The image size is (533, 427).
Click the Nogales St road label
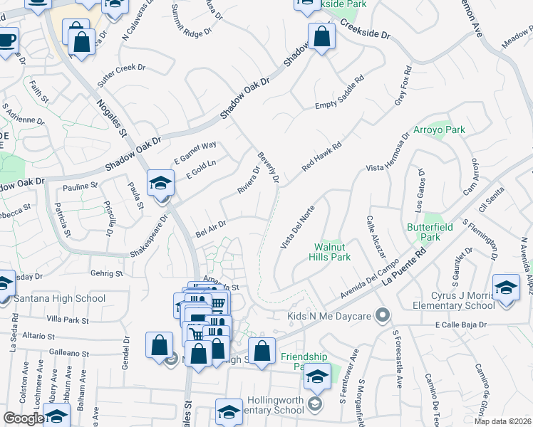110,118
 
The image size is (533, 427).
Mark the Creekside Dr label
366,29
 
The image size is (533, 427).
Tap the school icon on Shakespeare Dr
161,184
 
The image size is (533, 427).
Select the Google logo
24,418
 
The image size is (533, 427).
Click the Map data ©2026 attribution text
503,421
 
